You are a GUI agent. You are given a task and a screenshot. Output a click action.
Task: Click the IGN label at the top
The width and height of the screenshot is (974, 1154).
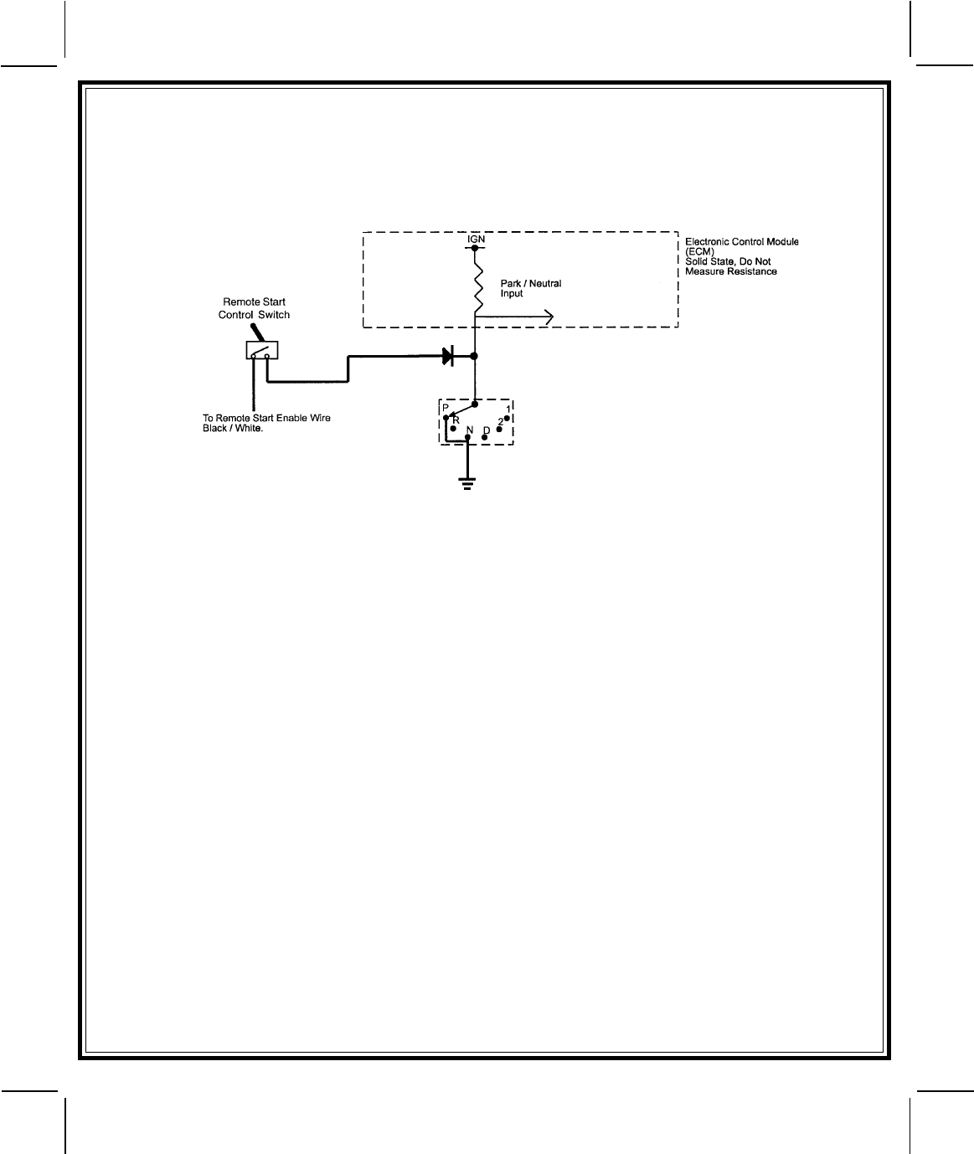point(476,239)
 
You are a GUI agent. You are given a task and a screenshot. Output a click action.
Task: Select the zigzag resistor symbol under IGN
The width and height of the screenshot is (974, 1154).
point(475,281)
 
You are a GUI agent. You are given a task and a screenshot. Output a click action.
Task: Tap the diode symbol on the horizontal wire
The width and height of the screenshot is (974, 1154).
point(447,357)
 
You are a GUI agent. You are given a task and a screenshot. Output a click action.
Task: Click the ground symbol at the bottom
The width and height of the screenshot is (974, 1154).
point(467,482)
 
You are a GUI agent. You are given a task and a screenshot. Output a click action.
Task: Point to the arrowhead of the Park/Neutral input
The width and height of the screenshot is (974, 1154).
point(549,316)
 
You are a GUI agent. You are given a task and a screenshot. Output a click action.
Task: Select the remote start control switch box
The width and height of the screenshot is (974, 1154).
point(262,350)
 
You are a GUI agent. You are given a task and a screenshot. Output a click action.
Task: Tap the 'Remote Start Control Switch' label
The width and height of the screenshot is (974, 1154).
point(254,308)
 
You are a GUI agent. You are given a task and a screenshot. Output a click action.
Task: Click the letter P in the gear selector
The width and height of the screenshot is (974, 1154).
point(446,408)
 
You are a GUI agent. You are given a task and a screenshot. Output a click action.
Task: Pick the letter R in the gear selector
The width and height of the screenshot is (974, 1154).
point(456,419)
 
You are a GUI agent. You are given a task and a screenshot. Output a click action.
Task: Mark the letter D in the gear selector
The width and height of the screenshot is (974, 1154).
point(486,430)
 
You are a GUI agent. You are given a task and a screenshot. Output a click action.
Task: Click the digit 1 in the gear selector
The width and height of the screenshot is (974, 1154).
point(508,408)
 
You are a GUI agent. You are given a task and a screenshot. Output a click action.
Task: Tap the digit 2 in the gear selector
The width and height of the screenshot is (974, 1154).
point(500,420)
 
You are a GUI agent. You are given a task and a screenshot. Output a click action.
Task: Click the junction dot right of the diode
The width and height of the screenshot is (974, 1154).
point(475,357)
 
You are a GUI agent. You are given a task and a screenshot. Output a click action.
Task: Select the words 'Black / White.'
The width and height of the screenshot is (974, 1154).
point(233,428)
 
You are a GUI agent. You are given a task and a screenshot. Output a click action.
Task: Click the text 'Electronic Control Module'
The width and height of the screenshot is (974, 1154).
point(742,241)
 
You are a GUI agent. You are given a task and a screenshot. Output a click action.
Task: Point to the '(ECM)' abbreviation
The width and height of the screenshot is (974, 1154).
point(700,251)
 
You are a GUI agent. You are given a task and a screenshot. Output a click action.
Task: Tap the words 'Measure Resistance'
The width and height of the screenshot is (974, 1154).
point(730,271)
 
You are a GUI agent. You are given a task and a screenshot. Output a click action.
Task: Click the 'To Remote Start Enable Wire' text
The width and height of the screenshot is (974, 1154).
point(266,418)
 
